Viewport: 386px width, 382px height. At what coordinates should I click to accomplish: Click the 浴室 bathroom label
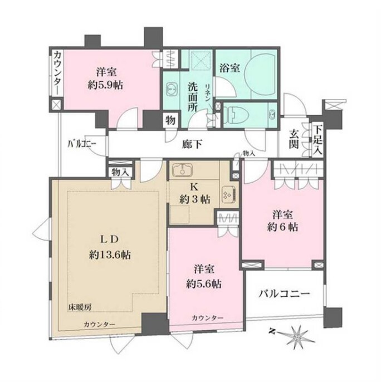(x=229, y=68)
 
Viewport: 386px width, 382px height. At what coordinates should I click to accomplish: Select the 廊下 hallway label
(x=192, y=144)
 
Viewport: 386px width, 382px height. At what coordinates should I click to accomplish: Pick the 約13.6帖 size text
(x=110, y=254)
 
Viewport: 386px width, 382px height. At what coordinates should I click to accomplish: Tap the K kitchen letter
(x=194, y=187)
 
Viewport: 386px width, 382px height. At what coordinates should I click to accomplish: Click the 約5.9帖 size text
(x=106, y=85)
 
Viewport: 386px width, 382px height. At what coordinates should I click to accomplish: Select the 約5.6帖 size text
(x=204, y=285)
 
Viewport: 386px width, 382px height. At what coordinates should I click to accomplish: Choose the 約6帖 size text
(x=282, y=227)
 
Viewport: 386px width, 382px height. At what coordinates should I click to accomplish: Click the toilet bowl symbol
(x=235, y=115)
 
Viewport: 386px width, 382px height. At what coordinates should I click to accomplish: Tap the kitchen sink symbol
(x=183, y=170)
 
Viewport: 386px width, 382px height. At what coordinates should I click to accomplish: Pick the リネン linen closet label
(x=207, y=93)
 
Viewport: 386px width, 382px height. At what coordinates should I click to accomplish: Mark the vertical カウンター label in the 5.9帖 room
(x=58, y=73)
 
